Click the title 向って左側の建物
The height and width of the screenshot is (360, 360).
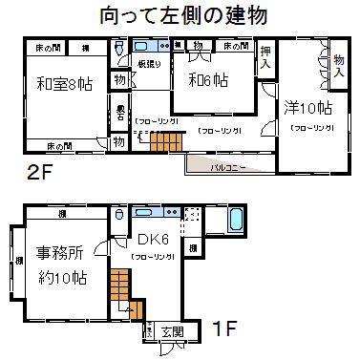(181, 16)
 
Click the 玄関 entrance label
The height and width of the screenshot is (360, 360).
(172, 331)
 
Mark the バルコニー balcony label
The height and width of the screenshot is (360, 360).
(229, 165)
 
